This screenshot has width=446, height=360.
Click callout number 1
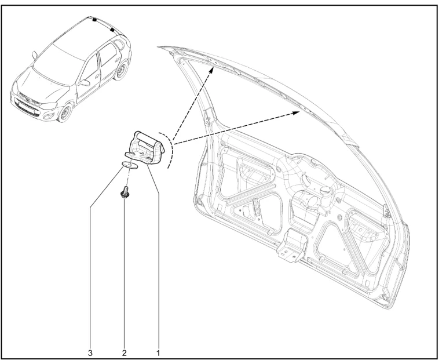pyautogui.click(x=158, y=353)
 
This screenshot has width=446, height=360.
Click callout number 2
pyautogui.click(x=125, y=353)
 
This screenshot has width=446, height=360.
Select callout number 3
pyautogui.click(x=90, y=353)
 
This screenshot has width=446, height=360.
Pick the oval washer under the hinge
pyautogui.click(x=130, y=165)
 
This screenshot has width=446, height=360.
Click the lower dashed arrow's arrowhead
pyautogui.click(x=297, y=112)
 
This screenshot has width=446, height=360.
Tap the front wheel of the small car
pyautogui.click(x=65, y=112)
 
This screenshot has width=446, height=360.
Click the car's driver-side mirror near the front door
pyautogui.click(x=85, y=82)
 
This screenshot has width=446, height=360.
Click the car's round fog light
pyautogui.click(x=49, y=116)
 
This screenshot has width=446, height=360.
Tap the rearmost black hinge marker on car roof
pyautogui.click(x=112, y=30)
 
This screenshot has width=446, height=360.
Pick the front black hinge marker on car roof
pyautogui.click(x=94, y=20)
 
